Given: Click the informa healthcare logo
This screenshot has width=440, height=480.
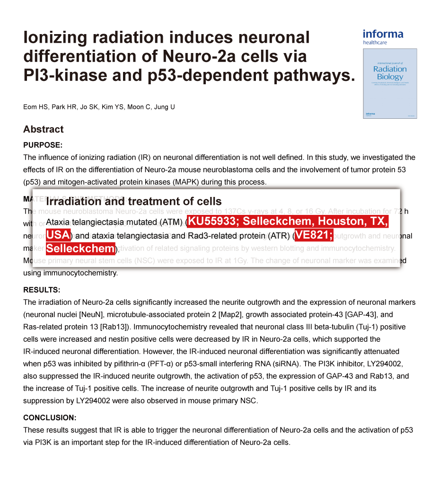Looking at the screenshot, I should [383, 37].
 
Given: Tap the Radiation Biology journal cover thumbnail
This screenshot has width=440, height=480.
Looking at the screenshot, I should [390, 83].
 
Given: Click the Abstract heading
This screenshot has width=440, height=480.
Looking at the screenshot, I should [44, 129].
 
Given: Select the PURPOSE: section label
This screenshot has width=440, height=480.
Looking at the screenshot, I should [43, 145].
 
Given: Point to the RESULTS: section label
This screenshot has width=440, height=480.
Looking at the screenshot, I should [42, 290].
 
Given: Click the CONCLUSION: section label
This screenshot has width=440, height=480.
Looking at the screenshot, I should [50, 418].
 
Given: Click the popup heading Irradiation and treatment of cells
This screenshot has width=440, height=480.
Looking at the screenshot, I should [134, 202].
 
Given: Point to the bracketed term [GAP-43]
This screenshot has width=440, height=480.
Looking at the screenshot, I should [361, 314].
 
